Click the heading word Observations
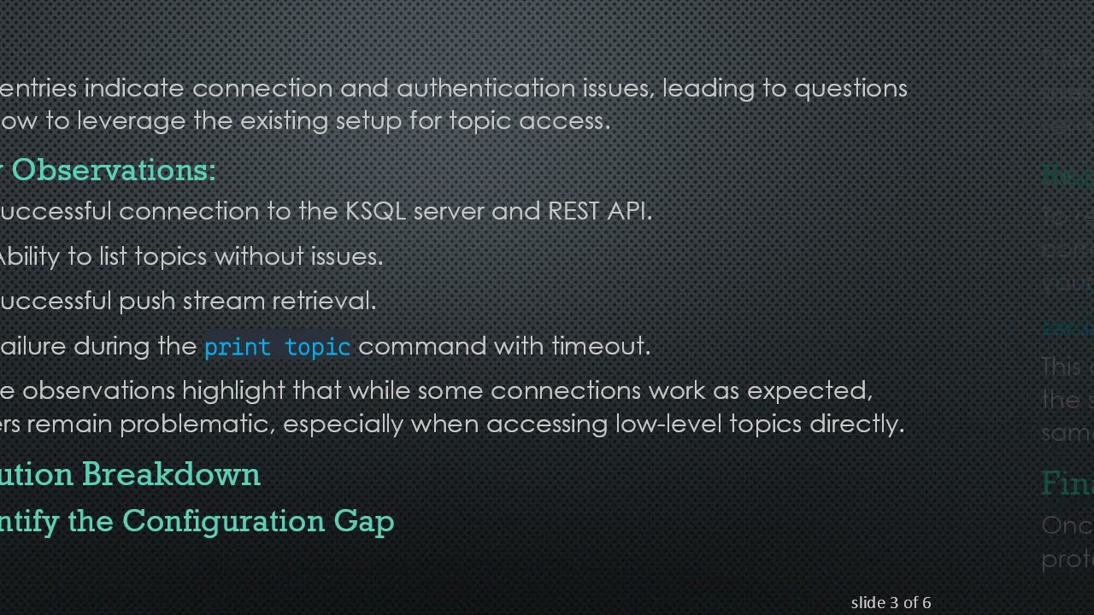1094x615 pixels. tap(113, 170)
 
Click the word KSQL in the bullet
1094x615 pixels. tap(375, 211)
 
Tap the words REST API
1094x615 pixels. tap(599, 211)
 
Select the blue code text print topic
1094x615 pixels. tap(277, 347)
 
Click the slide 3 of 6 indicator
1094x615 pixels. tap(891, 602)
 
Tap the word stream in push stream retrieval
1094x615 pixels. tap(224, 301)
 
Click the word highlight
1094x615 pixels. tap(233, 390)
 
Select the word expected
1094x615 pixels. tap(809, 390)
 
